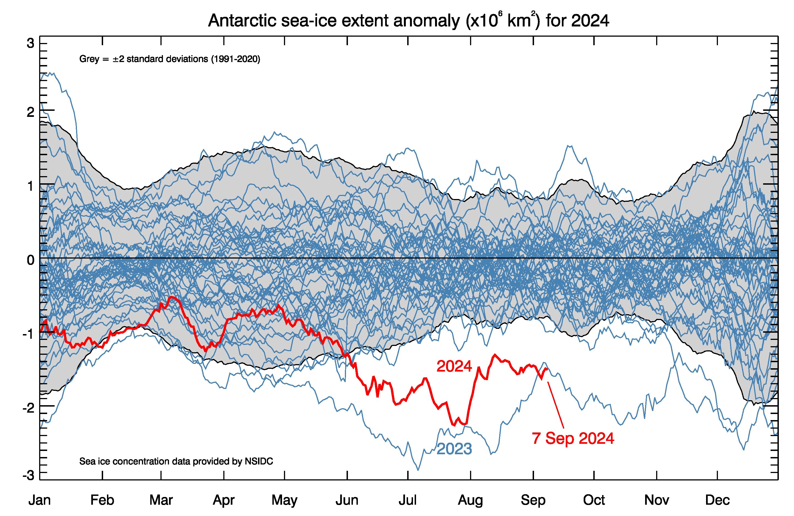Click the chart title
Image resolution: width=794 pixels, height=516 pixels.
coord(408,21)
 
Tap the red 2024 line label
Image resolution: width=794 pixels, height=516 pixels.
coord(454,367)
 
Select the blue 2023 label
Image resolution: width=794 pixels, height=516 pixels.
coord(454,449)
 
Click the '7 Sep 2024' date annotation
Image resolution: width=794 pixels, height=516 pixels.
coord(573,438)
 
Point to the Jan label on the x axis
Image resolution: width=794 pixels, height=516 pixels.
coord(40,500)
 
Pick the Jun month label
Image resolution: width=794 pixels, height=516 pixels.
coord(347,500)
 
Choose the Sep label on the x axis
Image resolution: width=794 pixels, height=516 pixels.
coord(533,500)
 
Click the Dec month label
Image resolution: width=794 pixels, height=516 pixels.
coord(717,500)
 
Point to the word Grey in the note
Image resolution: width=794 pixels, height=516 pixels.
coord(89,59)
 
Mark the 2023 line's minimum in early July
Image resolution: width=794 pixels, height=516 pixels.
coord(418,470)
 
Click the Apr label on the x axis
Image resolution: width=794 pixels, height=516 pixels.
coord(224,500)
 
